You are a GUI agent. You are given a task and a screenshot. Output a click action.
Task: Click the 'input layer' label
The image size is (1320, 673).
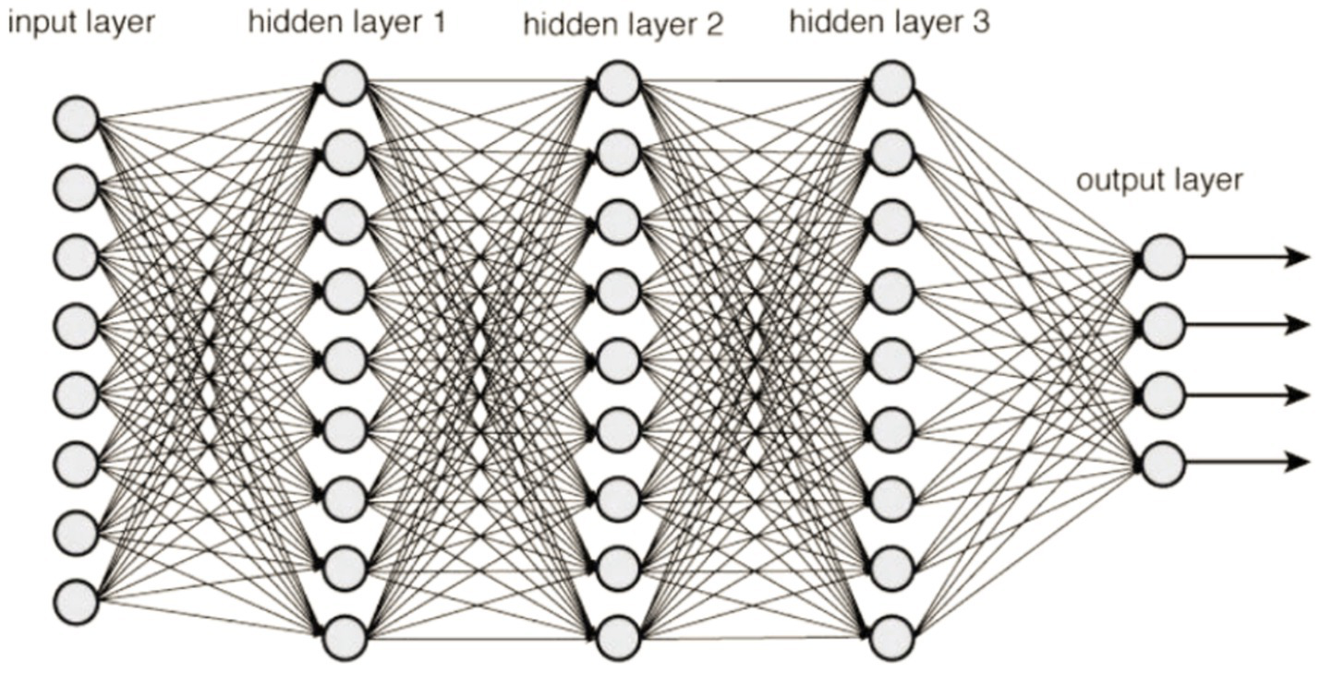point(80,22)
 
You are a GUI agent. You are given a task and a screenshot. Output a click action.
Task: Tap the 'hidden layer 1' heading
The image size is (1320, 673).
point(346,22)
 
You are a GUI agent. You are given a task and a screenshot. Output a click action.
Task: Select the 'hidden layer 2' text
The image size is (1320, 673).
point(623,25)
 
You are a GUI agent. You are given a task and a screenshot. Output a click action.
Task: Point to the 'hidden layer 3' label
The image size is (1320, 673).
point(889,22)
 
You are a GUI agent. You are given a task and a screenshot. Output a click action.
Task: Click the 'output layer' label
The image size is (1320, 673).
point(1159,180)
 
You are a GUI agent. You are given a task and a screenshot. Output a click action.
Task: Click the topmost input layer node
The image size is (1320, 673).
point(76,120)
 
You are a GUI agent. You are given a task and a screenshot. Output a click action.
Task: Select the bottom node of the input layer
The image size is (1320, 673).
point(76,603)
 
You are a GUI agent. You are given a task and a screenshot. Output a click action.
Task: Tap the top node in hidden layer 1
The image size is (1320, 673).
point(345,83)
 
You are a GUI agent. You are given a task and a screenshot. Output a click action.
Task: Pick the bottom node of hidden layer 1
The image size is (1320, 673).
point(345,638)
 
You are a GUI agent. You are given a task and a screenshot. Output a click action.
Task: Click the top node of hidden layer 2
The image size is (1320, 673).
point(618,83)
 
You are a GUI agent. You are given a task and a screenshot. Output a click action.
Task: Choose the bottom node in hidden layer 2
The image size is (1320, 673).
point(618,638)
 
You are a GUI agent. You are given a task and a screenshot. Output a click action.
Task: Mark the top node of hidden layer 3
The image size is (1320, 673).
point(891,83)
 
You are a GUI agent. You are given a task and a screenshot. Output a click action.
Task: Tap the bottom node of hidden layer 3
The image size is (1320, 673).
point(891,638)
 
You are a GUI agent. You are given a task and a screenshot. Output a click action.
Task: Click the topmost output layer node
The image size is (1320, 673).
point(1162,257)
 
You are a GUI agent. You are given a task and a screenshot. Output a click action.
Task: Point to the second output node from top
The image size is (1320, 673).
point(1162,325)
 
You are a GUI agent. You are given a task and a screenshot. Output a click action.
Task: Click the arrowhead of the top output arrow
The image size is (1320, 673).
point(1300,257)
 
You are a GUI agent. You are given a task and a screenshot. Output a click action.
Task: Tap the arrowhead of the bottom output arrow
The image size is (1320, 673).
point(1300,461)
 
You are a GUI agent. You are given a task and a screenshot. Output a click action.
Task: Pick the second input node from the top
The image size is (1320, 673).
point(76,187)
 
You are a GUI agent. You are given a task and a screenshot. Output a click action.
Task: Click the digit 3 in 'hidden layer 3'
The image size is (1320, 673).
point(980,22)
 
